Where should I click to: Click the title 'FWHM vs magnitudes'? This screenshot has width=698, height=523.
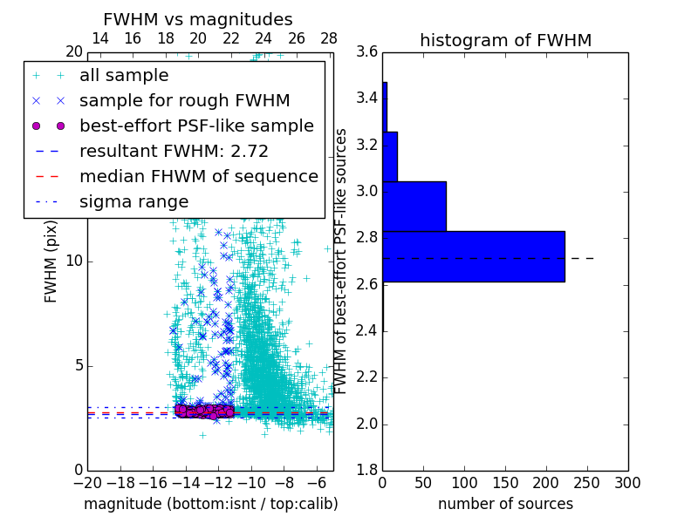point(198,19)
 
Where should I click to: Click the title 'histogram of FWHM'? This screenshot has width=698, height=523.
point(505,40)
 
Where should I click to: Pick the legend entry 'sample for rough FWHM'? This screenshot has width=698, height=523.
point(184,101)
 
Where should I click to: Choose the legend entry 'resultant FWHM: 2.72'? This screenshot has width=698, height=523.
point(174,151)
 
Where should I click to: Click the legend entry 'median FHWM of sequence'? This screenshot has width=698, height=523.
point(198,176)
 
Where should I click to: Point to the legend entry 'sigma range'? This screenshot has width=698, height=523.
point(133,201)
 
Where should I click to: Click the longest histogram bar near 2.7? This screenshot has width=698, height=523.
point(473,256)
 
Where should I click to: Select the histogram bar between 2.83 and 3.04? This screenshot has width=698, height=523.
point(414,206)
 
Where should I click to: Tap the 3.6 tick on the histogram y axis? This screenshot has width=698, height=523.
point(366,51)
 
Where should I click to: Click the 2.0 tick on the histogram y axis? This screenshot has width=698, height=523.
point(366,424)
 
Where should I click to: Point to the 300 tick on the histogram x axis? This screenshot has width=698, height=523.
point(627,482)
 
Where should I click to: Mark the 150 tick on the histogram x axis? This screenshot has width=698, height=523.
point(505,482)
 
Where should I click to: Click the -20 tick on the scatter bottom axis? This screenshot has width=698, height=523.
point(87,482)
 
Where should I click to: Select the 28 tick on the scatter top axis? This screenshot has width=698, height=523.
point(329,38)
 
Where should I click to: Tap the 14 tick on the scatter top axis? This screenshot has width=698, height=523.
point(100,38)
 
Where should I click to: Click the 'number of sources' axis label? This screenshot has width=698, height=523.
point(505,504)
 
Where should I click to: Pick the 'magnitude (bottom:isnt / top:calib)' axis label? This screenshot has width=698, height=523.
point(210,504)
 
